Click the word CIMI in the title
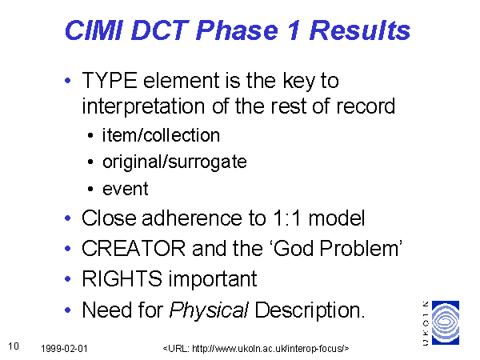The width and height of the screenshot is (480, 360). click(x=94, y=30)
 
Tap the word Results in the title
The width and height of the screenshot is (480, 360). click(x=360, y=30)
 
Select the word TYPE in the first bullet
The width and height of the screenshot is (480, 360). click(x=110, y=81)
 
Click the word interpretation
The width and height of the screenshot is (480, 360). click(x=143, y=106)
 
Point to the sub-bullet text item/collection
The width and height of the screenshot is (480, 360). click(x=161, y=135)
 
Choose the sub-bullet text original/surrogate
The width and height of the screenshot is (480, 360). click(x=174, y=162)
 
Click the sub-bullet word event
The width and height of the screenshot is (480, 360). click(x=126, y=189)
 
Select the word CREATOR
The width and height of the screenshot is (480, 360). click(x=134, y=248)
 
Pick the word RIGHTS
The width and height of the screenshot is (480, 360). click(x=122, y=279)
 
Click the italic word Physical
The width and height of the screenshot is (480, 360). click(x=209, y=310)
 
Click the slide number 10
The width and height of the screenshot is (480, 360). click(x=14, y=346)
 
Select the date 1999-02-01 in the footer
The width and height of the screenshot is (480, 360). click(x=64, y=349)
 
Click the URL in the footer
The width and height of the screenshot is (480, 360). click(x=256, y=349)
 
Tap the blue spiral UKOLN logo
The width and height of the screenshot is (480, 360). click(x=446, y=322)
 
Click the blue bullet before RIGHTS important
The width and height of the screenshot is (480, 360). click(x=68, y=279)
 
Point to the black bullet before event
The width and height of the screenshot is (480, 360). click(x=90, y=189)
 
